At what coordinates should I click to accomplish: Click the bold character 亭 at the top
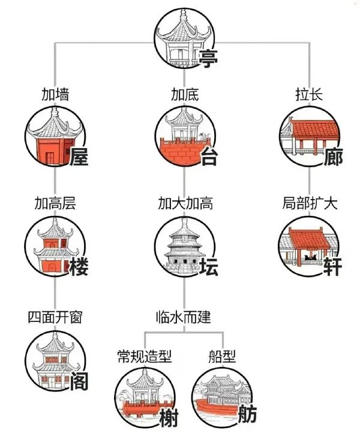tap(208, 58)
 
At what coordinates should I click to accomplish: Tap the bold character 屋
tap(79, 156)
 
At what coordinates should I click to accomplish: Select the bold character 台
tap(209, 156)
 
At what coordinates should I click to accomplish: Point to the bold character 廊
tap(333, 156)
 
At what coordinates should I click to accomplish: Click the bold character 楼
tap(79, 267)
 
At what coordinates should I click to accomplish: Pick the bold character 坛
tap(209, 267)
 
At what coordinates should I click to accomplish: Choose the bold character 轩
tap(332, 267)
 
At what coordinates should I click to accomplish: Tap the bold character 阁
tap(79, 381)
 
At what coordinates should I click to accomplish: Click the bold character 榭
tap(169, 417)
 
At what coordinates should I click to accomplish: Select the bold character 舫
tap(247, 414)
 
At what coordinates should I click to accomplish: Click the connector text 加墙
tap(55, 94)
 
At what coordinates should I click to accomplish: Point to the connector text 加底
tap(185, 94)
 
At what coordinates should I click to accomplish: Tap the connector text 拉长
tap(309, 94)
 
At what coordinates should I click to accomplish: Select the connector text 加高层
tap(55, 203)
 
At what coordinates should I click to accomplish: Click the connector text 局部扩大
tap(310, 203)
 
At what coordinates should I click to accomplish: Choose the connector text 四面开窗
tap(55, 317)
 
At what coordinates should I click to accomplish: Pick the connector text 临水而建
tap(184, 317)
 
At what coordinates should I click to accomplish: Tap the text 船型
tap(222, 356)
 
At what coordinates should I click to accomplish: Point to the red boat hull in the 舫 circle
tap(218, 406)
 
